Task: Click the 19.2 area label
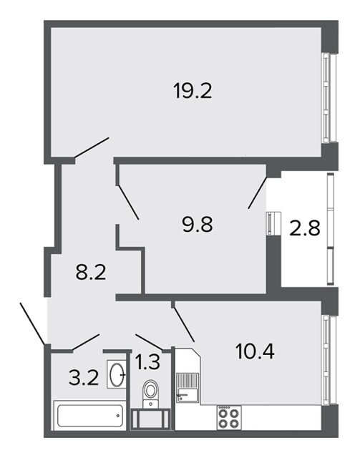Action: (x=193, y=91)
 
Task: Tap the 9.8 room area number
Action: (x=198, y=225)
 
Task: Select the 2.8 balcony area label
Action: (x=305, y=228)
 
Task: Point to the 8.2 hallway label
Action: (x=91, y=272)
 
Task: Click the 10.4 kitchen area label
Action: (x=255, y=351)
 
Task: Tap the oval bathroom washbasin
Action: (x=117, y=374)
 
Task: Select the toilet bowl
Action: (x=151, y=393)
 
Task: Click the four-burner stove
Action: (x=229, y=417)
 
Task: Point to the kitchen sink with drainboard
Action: (x=188, y=388)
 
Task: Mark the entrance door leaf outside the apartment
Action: (x=33, y=323)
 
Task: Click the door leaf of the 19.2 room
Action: (x=92, y=148)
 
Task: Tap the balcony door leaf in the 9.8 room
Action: (x=258, y=193)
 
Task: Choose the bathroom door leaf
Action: (x=86, y=342)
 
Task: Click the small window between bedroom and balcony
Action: (x=273, y=223)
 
